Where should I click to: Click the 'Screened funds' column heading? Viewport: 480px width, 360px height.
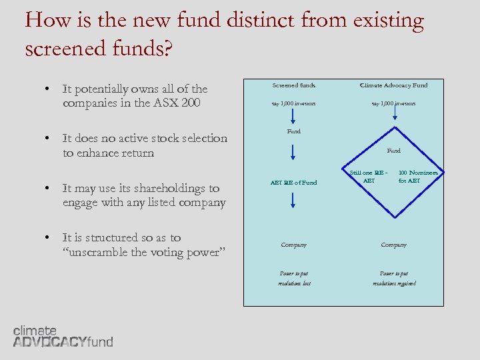point(293,85)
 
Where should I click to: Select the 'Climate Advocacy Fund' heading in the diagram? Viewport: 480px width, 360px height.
point(393,85)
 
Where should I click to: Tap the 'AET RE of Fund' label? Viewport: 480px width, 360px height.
point(293,183)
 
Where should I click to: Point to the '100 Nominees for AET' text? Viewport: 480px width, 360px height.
point(418,177)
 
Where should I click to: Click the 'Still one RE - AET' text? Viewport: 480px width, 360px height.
point(369,177)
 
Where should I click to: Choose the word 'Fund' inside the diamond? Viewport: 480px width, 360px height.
point(394,151)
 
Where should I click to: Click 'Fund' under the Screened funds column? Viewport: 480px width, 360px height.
point(293,131)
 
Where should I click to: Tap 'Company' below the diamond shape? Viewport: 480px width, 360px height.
point(393,245)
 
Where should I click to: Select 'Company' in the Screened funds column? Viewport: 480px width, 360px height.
point(293,245)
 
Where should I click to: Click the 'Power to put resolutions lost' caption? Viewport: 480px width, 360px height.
point(293,278)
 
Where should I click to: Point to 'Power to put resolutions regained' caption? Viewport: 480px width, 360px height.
point(393,278)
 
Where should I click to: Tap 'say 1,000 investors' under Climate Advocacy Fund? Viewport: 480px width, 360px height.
point(393,104)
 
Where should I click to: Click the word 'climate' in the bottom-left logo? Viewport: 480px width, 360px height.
point(35,331)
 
